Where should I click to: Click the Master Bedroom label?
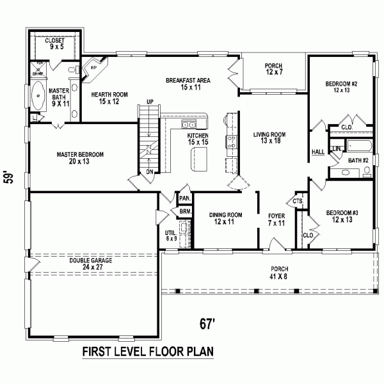point(80,158)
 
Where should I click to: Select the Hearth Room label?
point(109,98)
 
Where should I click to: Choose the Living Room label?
point(269,138)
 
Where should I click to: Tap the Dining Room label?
point(225,219)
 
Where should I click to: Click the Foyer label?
point(276,220)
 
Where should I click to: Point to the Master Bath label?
point(59,97)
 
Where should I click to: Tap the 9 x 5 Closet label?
point(54,44)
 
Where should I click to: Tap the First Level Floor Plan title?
point(147,353)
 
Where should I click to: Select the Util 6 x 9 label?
point(170,236)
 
